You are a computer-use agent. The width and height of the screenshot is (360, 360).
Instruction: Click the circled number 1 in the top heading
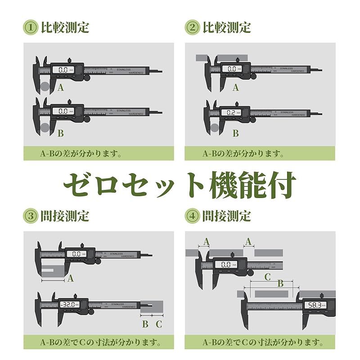click(31, 27)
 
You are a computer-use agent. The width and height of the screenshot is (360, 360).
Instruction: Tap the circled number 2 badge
click(193, 27)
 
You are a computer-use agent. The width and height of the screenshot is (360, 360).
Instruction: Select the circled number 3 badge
click(31, 216)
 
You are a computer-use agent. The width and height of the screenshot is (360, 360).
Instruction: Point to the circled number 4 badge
click(193, 216)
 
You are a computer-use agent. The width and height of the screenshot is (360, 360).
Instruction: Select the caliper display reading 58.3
click(314, 305)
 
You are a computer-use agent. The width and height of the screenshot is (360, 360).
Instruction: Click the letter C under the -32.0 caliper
click(158, 324)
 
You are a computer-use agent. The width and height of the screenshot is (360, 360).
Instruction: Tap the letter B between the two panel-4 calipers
click(280, 283)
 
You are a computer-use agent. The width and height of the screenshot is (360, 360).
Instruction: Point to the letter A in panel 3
click(70, 279)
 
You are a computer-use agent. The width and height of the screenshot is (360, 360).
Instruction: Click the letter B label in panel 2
click(235, 133)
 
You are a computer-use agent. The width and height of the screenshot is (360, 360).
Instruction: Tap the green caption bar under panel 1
click(99, 153)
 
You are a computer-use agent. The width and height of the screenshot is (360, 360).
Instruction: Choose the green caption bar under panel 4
click(260, 342)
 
